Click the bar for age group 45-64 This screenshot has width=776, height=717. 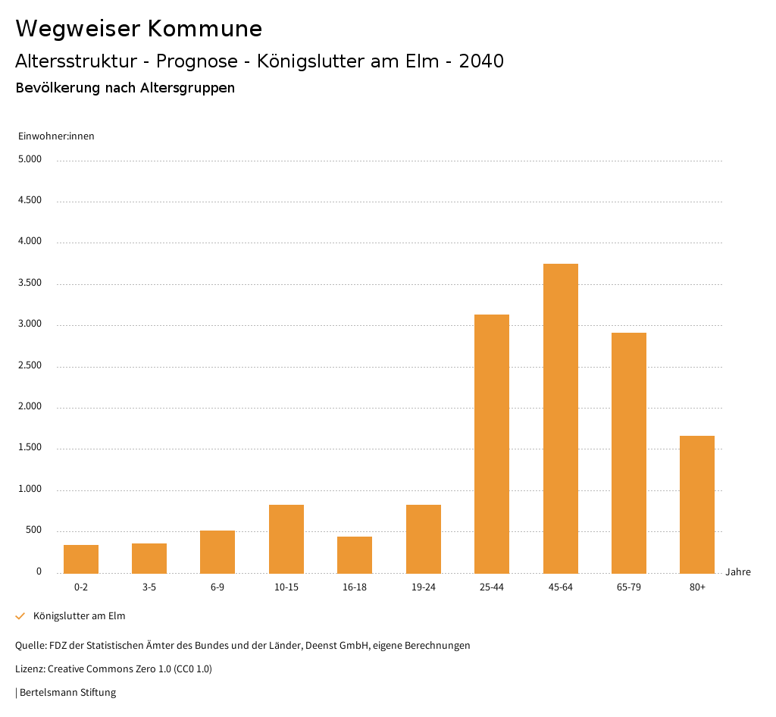(x=560, y=418)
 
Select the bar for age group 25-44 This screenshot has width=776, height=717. (x=492, y=443)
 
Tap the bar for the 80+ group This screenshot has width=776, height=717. (x=697, y=504)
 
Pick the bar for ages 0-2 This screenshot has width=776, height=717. (x=81, y=559)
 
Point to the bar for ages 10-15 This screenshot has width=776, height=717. (x=286, y=539)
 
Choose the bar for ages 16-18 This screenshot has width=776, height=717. (x=355, y=555)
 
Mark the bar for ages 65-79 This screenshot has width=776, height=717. (x=629, y=452)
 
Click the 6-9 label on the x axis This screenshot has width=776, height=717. (x=217, y=587)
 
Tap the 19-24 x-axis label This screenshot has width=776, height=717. (x=423, y=587)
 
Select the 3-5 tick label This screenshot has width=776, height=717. (x=149, y=587)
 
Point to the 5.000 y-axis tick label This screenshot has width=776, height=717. (x=30, y=160)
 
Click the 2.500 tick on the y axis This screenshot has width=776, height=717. (x=30, y=366)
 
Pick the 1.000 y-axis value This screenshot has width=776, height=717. (x=30, y=490)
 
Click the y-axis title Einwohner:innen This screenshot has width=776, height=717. (x=56, y=136)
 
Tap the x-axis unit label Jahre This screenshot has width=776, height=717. (x=738, y=572)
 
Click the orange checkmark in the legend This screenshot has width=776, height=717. (x=20, y=616)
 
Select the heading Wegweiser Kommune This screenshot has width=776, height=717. (x=139, y=29)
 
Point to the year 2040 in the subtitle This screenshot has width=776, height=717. (x=481, y=61)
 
